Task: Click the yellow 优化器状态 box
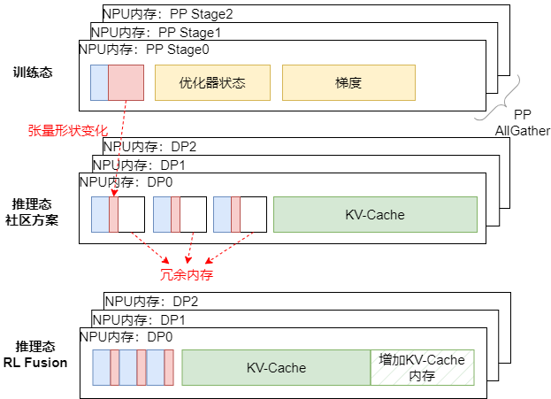[x=211, y=82]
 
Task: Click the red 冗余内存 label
[x=186, y=274]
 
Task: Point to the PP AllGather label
[x=522, y=123]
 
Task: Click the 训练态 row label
[x=34, y=72]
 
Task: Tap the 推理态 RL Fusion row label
[x=35, y=354]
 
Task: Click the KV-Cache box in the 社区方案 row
[x=375, y=215]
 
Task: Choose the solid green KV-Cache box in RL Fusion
[x=276, y=367]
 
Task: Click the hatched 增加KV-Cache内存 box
[x=422, y=367]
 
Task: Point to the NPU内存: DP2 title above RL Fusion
[x=149, y=302]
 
